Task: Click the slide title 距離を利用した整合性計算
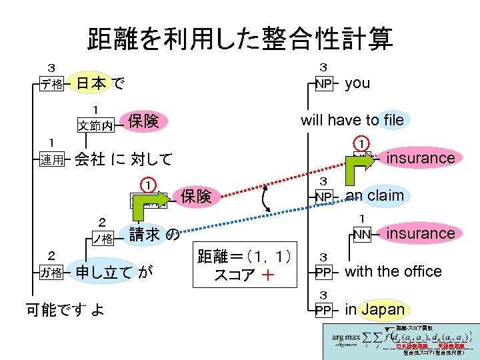click(240, 39)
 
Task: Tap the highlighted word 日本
click(90, 83)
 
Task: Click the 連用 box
click(51, 159)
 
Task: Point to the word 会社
click(89, 159)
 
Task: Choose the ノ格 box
click(102, 236)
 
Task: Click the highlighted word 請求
click(144, 234)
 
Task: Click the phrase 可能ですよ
click(64, 309)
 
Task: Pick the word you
click(357, 83)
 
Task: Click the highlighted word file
click(393, 120)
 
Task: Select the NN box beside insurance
click(362, 234)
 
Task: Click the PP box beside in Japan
click(323, 310)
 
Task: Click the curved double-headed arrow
click(269, 198)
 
